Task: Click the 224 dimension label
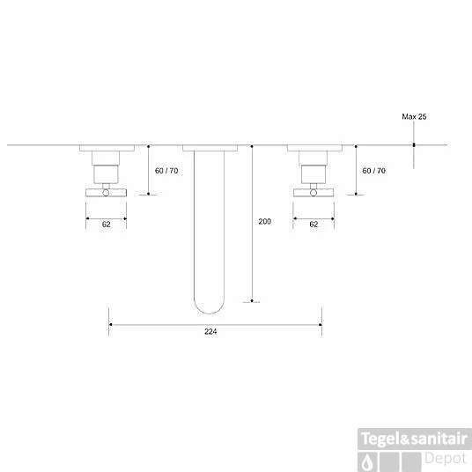tap(210, 331)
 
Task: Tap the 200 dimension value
tap(264, 222)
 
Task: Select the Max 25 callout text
tap(414, 117)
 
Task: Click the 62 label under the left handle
tap(106, 225)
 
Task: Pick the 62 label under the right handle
tap(313, 225)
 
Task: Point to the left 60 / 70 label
tap(166, 171)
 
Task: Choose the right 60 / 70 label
tap(374, 171)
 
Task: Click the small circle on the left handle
tap(106, 193)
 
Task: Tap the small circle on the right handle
tap(313, 193)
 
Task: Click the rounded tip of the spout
tap(210, 313)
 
